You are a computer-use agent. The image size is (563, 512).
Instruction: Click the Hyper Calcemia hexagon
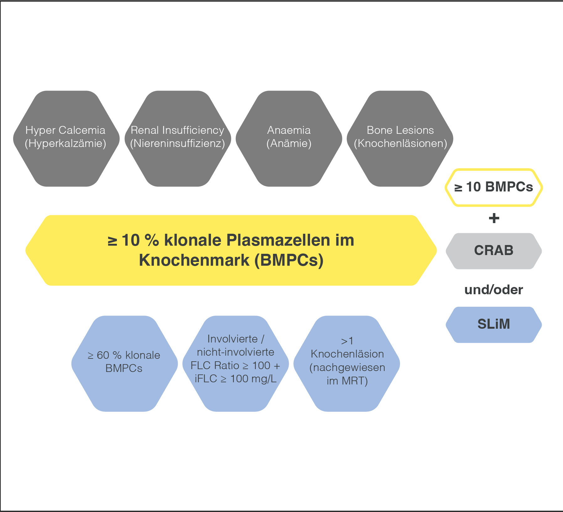click(x=66, y=139)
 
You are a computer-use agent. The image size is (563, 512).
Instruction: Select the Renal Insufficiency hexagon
click(x=178, y=139)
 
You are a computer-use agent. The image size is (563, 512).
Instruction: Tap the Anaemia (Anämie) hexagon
click(x=289, y=139)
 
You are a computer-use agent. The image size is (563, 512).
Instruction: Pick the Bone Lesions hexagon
click(x=400, y=139)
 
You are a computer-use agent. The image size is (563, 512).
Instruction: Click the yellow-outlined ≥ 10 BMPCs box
click(x=494, y=187)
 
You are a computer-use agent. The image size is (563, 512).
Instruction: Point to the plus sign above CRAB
click(x=494, y=218)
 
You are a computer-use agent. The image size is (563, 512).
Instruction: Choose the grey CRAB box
click(x=494, y=251)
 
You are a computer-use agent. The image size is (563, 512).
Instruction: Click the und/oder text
click(x=494, y=290)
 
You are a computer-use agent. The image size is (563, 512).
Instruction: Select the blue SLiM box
click(x=494, y=324)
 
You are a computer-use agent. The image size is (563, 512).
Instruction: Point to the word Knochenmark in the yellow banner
click(x=194, y=260)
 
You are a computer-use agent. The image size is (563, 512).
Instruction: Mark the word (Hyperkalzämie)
click(x=66, y=144)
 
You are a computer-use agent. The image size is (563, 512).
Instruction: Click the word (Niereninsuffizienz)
click(x=177, y=144)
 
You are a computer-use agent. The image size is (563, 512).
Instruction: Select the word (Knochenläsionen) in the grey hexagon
click(x=400, y=144)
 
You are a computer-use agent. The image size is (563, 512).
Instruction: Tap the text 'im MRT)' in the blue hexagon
click(x=347, y=381)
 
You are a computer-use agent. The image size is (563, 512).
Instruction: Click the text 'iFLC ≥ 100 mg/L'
click(x=236, y=379)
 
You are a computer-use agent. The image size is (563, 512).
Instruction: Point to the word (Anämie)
click(x=289, y=144)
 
